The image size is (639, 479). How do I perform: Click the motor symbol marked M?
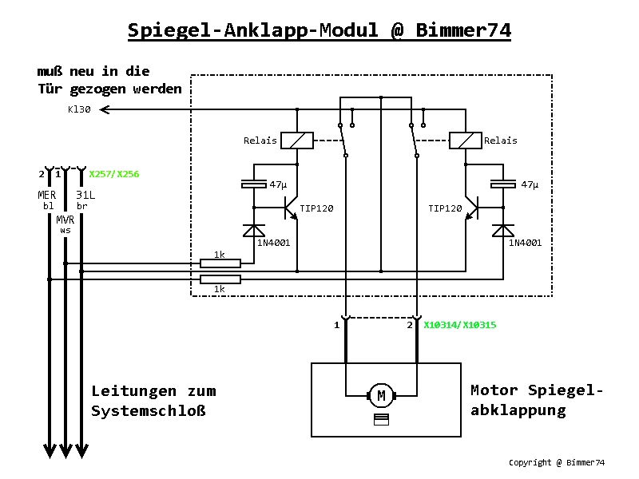coord(381,394)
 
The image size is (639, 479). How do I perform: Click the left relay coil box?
coord(298,141)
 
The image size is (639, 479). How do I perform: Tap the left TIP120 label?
coord(316,208)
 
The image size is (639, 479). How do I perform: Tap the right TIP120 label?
coord(445,208)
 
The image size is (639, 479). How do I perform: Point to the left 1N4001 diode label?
coord(272,243)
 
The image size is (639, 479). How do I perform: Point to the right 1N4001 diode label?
coord(526,243)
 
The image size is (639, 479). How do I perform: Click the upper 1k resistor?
coord(220,263)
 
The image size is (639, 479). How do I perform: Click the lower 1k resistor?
coord(220,279)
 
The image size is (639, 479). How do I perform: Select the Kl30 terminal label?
coord(79,110)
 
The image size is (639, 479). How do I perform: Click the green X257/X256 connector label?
coord(115,173)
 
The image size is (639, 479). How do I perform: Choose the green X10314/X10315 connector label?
coord(460,325)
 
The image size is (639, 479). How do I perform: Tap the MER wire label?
coord(47,195)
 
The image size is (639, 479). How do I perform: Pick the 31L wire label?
coord(86,195)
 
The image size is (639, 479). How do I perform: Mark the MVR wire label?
coord(65,219)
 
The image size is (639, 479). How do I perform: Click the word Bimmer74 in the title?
coord(463,30)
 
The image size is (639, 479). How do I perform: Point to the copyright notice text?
coord(557,462)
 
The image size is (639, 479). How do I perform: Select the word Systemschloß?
coord(149,411)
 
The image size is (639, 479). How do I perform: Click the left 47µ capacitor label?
coord(278,184)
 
